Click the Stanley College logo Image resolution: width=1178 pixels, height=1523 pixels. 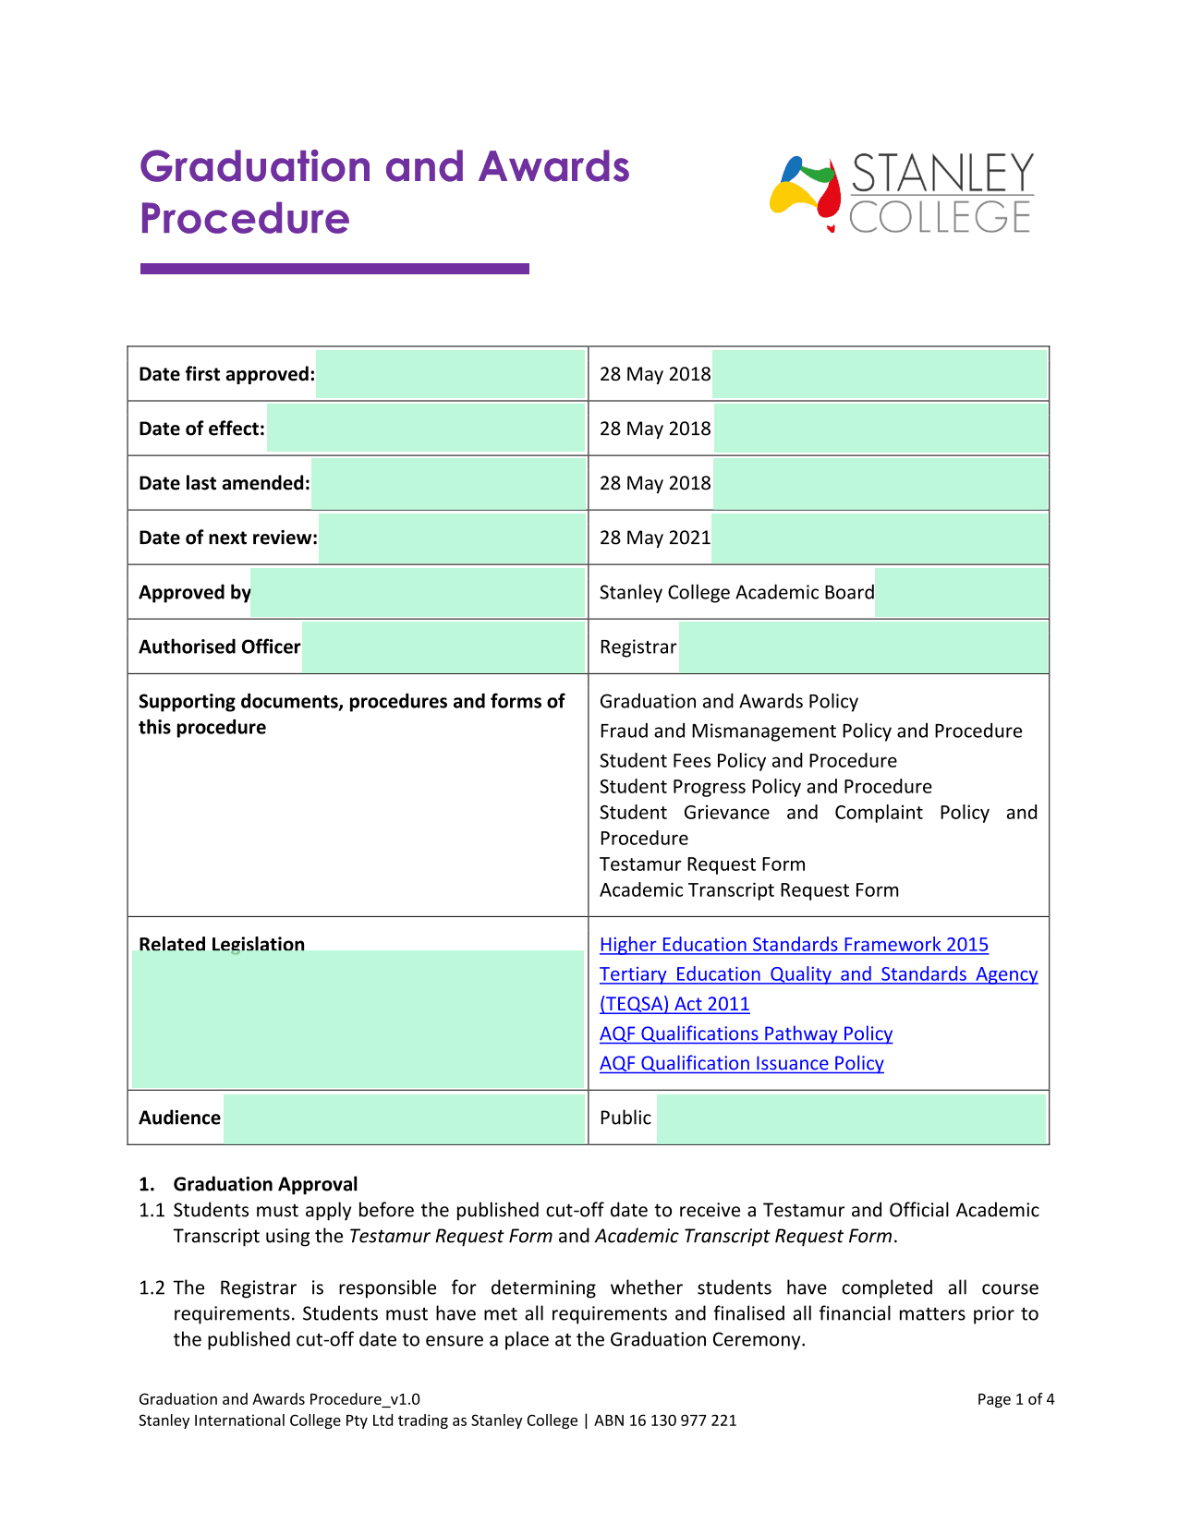901,193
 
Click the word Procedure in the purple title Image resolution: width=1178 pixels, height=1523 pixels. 245,219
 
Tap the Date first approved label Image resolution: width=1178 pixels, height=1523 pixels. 226,374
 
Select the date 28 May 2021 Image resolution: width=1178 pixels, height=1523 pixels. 655,538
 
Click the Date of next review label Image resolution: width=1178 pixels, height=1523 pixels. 227,538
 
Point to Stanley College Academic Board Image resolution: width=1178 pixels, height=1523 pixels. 736,592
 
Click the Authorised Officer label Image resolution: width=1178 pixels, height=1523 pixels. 219,647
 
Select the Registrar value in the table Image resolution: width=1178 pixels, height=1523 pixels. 638,647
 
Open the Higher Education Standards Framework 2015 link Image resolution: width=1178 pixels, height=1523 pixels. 794,944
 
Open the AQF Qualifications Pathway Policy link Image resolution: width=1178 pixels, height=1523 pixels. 746,1033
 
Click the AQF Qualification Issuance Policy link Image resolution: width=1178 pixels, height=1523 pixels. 741,1063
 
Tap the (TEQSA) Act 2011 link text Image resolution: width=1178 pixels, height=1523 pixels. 674,1004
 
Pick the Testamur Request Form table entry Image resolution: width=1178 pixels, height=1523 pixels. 702,864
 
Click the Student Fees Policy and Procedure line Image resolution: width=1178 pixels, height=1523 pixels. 747,760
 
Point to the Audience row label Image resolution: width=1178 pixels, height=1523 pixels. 179,1118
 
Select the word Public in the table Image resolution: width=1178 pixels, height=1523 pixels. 625,1118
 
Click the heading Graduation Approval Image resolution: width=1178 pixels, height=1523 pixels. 265,1184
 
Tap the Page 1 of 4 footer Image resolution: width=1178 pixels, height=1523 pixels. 1015,1399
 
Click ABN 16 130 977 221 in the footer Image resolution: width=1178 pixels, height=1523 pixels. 665,1420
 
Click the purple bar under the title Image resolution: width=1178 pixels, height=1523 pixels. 334,269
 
